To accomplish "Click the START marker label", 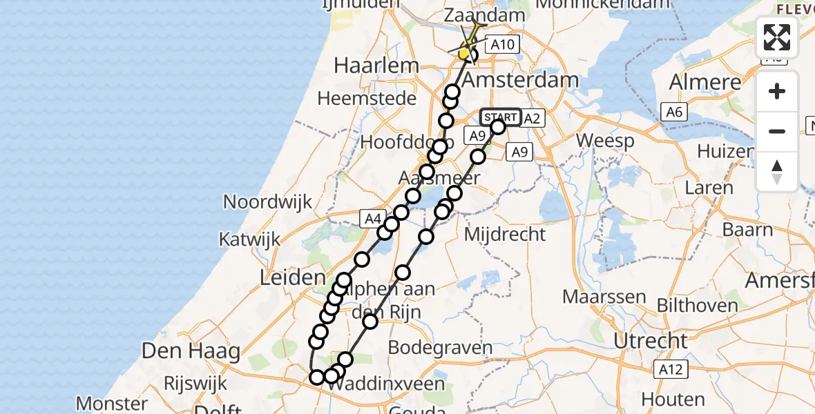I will coord(500,117).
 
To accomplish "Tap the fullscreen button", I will coord(777,37).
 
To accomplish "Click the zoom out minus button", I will coord(777,131).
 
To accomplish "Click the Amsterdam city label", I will coord(520,80).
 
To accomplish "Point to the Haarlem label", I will coord(376,66).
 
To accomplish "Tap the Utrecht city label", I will coord(652,340).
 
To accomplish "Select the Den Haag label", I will coord(191,351).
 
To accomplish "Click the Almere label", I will coord(705,82).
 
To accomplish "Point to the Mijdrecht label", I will coord(505,235).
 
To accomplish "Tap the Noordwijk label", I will coord(268,202).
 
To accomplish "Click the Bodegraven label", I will coord(440,347).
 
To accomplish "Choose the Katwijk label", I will coord(249,239).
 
